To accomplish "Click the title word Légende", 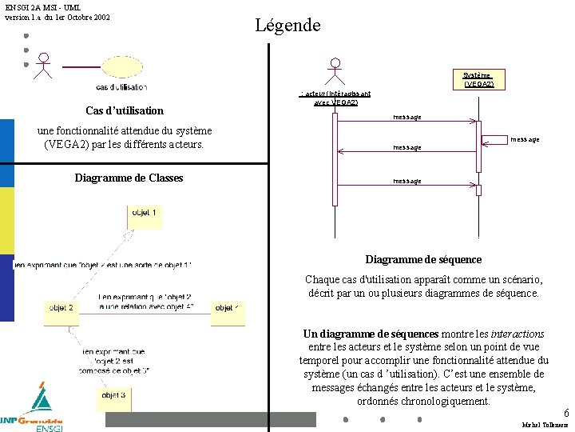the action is coord(287,25).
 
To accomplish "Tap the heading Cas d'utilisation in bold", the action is coord(124,110).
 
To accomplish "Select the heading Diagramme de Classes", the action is coord(129,178).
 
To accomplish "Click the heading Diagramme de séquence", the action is coord(423,259).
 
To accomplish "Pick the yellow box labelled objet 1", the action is coord(144,214).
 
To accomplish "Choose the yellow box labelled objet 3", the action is coord(113,395).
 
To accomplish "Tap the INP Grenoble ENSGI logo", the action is coord(33,410).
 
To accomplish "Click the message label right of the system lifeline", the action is coord(525,139).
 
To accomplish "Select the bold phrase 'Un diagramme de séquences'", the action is coord(371,334).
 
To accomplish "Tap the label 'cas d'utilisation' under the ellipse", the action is coord(121,87).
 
